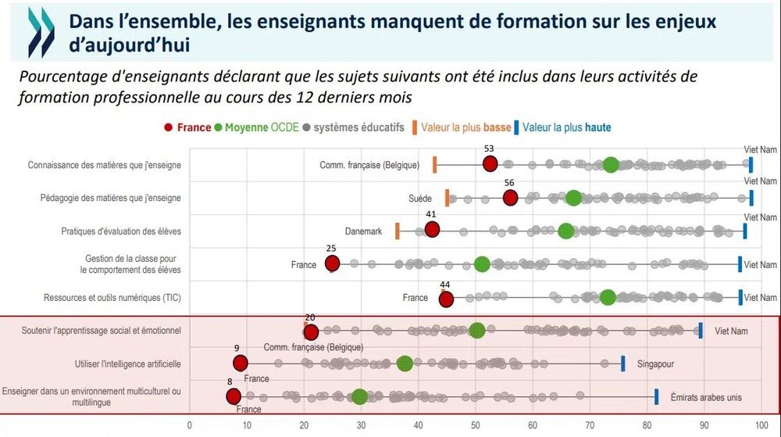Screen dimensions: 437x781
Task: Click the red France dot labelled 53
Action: click(490, 163)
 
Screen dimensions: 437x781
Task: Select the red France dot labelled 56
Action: click(510, 198)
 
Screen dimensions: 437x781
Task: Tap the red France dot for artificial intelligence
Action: click(241, 363)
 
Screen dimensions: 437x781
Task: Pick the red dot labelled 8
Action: click(234, 396)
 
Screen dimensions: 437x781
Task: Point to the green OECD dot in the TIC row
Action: click(608, 297)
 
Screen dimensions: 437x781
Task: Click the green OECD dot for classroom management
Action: click(482, 264)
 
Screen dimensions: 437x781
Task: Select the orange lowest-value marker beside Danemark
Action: click(398, 231)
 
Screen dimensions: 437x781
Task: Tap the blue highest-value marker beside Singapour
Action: click(622, 364)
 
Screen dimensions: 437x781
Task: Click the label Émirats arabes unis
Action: click(705, 398)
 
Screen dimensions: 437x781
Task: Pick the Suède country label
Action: click(420, 199)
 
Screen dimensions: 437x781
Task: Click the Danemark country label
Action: click(363, 231)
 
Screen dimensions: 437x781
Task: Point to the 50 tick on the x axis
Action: click(475, 426)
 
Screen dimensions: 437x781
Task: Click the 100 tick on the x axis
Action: click(761, 426)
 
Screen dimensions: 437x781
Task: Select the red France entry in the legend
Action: click(187, 127)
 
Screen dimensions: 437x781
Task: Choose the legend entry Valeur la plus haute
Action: click(565, 127)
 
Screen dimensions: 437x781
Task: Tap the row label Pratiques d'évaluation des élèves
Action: click(121, 231)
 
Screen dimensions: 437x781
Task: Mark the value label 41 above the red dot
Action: click(430, 214)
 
